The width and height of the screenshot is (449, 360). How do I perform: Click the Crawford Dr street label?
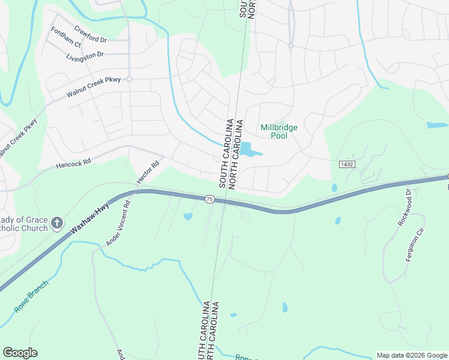[x=90, y=34]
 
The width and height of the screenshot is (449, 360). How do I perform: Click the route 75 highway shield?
[x=209, y=199]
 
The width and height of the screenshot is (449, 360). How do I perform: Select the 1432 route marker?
[x=346, y=164]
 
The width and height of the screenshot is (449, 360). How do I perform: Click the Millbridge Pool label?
[x=279, y=131]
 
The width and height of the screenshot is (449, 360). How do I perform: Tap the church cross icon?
[x=57, y=224]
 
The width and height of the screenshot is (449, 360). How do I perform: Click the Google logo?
[x=20, y=353]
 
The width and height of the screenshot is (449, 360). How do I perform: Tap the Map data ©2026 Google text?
[x=411, y=355]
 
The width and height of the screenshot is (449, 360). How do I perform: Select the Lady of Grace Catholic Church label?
[x=24, y=224]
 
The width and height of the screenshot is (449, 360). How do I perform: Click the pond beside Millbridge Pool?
[x=247, y=148]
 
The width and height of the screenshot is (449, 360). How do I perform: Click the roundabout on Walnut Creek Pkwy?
[x=128, y=79]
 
